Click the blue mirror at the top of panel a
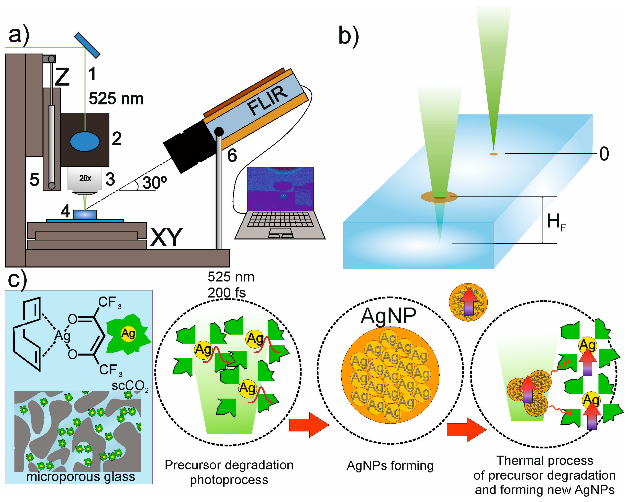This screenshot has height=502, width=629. (x=87, y=45)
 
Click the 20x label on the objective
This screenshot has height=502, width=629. (x=85, y=178)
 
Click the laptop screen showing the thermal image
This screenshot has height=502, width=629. (x=280, y=189)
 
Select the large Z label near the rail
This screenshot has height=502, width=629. (x=62, y=77)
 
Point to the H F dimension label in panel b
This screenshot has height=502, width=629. (x=556, y=222)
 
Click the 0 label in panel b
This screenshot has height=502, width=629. (x=604, y=154)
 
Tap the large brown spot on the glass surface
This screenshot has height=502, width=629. (x=439, y=197)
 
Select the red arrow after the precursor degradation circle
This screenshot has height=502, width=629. (x=309, y=424)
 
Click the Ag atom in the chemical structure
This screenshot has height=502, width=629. (x=62, y=336)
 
